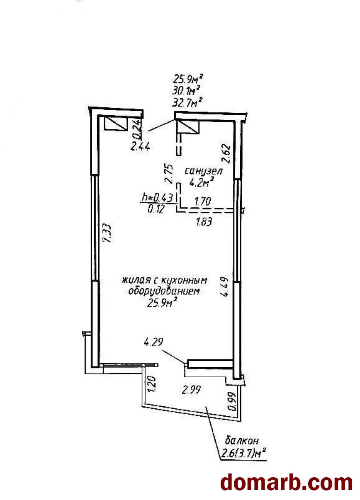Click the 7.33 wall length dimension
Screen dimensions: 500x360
[107, 234]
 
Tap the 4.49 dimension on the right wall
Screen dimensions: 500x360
[224, 287]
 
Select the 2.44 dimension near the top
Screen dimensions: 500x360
[140, 146]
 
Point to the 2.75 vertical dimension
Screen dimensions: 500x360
[168, 174]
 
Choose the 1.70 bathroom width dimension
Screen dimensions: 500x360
[203, 201]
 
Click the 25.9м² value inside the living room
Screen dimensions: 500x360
[160, 303]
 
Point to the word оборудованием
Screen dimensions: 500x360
[163, 291]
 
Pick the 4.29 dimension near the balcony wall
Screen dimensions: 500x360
[153, 342]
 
